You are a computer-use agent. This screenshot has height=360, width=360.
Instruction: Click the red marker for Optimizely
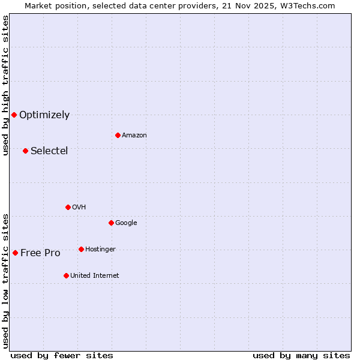pyautogui.click(x=14, y=115)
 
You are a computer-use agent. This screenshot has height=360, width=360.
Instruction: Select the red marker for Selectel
pyautogui.click(x=25, y=151)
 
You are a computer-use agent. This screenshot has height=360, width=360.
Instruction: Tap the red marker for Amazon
pyautogui.click(x=118, y=135)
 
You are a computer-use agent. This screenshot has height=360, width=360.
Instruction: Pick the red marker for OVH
pyautogui.click(x=68, y=207)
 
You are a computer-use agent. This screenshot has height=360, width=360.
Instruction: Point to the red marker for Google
pyautogui.click(x=111, y=223)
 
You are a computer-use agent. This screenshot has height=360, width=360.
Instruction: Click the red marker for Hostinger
pyautogui.click(x=81, y=249)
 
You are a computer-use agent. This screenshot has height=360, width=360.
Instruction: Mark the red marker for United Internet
pyautogui.click(x=66, y=275)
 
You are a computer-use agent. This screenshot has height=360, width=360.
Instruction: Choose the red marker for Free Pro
pyautogui.click(x=15, y=253)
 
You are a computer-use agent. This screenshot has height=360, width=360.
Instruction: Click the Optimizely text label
pyautogui.click(x=44, y=115)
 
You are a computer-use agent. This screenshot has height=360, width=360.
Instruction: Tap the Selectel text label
pyautogui.click(x=49, y=151)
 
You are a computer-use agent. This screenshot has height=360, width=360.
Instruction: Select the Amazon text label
pyautogui.click(x=134, y=136)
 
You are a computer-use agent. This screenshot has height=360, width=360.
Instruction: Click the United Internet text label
pyautogui.click(x=95, y=276)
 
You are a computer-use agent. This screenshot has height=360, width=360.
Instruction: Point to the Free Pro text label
pyautogui.click(x=40, y=253)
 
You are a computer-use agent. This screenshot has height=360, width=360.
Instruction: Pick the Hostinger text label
pyautogui.click(x=100, y=250)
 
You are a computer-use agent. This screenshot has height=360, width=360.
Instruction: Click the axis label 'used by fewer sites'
pyautogui.click(x=62, y=355)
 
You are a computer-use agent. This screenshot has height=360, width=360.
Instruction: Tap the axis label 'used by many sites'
pyautogui.click(x=301, y=355)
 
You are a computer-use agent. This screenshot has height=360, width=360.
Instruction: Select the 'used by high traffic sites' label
pyautogui.click(x=5, y=85)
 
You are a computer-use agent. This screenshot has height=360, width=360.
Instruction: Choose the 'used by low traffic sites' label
pyautogui.click(x=5, y=280)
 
